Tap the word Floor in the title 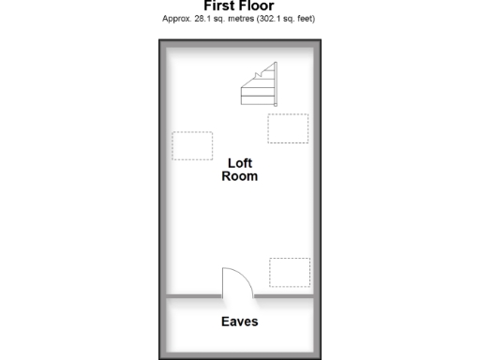pyautogui.click(x=257, y=6)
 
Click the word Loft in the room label pyautogui.click(x=240, y=163)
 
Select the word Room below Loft pyautogui.click(x=240, y=176)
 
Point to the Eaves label pyautogui.click(x=240, y=322)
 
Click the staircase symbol pyautogui.click(x=259, y=87)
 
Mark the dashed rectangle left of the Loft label pyautogui.click(x=191, y=145)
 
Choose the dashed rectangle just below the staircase pyautogui.click(x=288, y=128)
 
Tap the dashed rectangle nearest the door pyautogui.click(x=290, y=272)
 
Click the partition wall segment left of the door pyautogui.click(x=194, y=297)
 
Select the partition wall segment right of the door pyautogui.click(x=284, y=297)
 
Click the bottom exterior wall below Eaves pyautogui.click(x=240, y=353)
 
